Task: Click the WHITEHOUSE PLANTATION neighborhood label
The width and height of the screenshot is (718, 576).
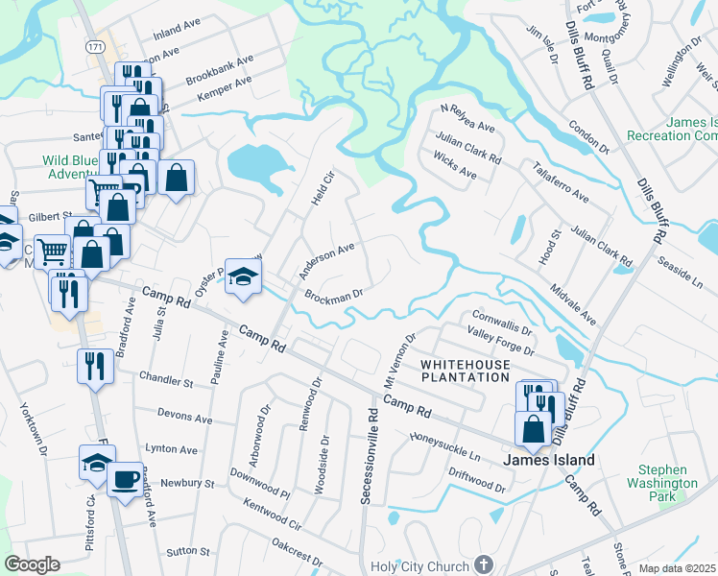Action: point(466,372)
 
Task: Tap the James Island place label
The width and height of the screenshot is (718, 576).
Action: point(550,460)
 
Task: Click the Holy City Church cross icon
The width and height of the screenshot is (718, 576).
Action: point(485,565)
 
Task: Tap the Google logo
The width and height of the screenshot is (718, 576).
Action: point(32,564)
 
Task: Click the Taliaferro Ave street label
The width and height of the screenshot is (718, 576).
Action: point(561,181)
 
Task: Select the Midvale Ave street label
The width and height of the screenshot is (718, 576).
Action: point(574,303)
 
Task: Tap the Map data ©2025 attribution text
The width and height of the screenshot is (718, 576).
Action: point(678,568)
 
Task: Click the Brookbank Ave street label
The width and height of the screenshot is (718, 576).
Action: point(220,69)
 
